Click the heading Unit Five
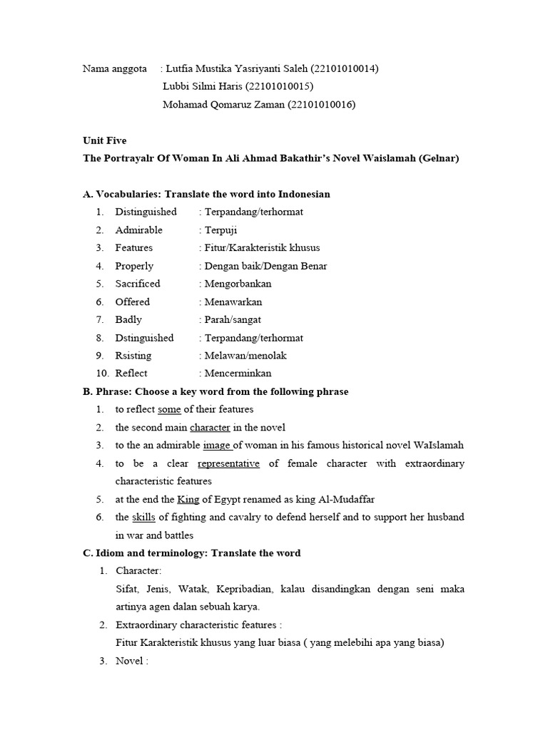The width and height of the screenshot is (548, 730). [x=105, y=140]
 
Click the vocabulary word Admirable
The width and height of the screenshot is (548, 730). [x=139, y=230]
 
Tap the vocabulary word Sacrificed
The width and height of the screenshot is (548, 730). [x=138, y=283]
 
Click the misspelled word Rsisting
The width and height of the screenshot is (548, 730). [x=133, y=355]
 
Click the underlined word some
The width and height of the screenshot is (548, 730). [x=169, y=409]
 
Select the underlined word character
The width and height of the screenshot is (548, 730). [x=210, y=427]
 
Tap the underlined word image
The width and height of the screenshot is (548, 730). [x=217, y=445]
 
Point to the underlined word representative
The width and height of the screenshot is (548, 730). [x=228, y=463]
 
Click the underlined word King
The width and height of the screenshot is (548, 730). [x=188, y=499]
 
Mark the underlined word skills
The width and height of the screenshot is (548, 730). [x=144, y=517]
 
